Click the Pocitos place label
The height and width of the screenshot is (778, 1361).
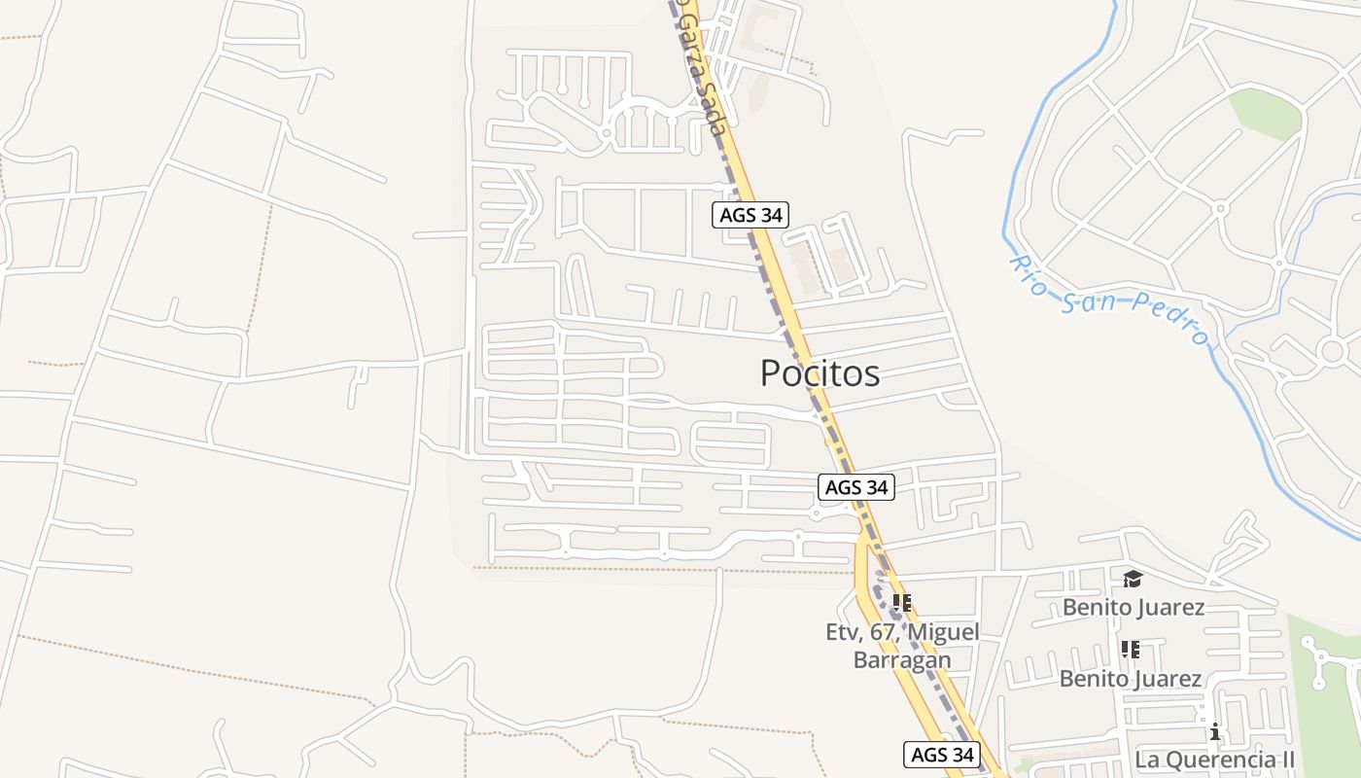pyautogui.click(x=820, y=373)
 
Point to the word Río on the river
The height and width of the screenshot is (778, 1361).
pyautogui.click(x=1029, y=274)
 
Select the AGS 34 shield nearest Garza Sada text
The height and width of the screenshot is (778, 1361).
pyautogui.click(x=750, y=215)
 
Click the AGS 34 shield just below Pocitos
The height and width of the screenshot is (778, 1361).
pyautogui.click(x=855, y=487)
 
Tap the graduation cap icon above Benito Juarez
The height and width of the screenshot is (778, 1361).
pyautogui.click(x=1133, y=580)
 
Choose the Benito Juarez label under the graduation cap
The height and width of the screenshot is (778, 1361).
pyautogui.click(x=1133, y=608)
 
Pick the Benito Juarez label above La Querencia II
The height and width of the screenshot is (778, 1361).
pyautogui.click(x=1130, y=679)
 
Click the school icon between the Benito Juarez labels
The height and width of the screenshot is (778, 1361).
pyautogui.click(x=1130, y=649)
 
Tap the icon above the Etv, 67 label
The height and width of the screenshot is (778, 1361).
pyautogui.click(x=901, y=603)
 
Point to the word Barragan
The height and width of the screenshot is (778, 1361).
pyautogui.click(x=901, y=659)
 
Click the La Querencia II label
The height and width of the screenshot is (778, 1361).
pyautogui.click(x=1214, y=759)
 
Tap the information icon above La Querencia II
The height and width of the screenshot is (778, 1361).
pyautogui.click(x=1214, y=731)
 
